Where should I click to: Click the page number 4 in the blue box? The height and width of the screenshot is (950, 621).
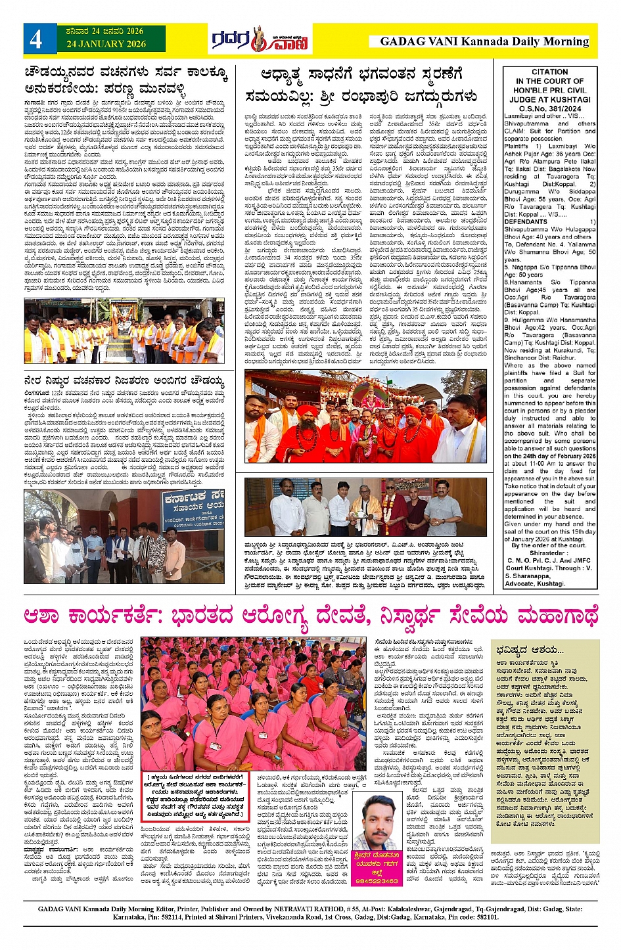35,39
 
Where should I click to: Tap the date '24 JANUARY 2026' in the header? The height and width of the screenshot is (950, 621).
106,44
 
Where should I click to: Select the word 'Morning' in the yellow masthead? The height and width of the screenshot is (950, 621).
564,41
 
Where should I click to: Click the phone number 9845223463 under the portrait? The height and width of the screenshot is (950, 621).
377,881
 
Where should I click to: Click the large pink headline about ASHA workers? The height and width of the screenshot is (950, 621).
310,616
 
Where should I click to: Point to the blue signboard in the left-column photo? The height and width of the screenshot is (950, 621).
194,509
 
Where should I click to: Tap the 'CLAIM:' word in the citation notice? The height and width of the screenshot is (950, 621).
515,131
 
